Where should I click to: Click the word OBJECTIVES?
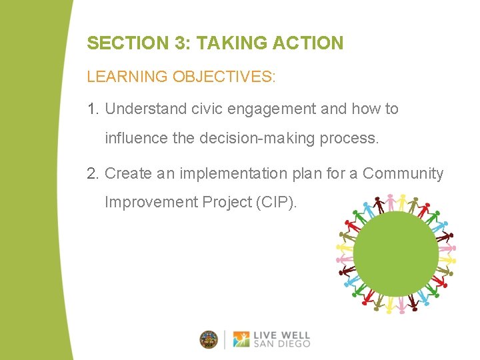[x=224, y=77]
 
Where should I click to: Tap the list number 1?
[x=93, y=109]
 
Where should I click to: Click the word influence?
[x=138, y=139]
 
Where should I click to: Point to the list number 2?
[x=93, y=174]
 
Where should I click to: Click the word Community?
[x=403, y=174]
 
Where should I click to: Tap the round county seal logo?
[x=209, y=339]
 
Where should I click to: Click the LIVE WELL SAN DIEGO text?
[x=281, y=339]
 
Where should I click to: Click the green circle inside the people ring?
[x=395, y=254]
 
